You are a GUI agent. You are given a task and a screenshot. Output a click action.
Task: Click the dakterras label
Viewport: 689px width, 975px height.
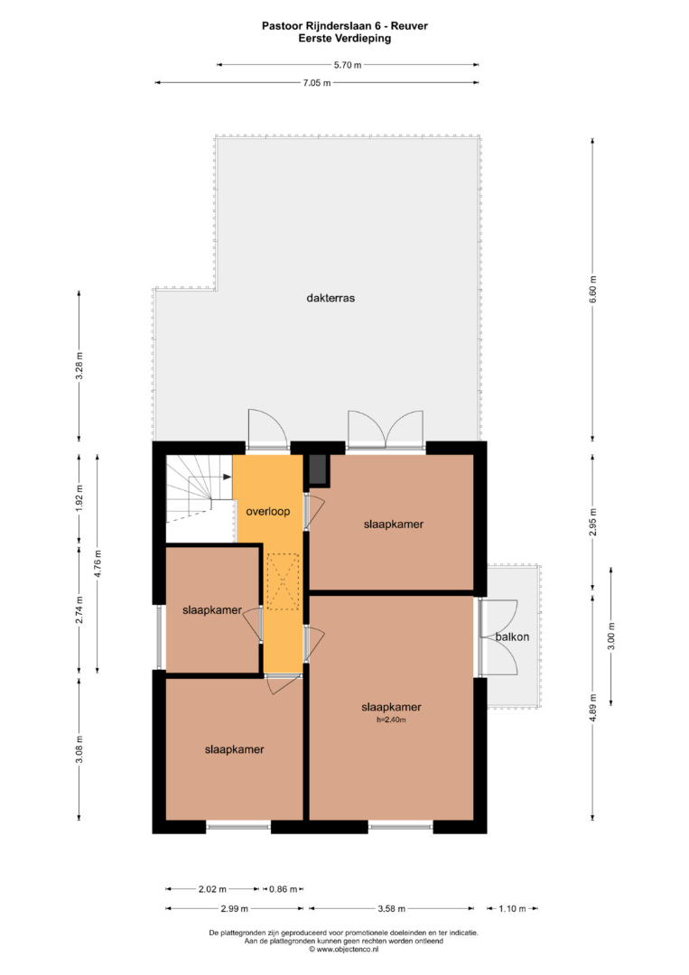pyautogui.click(x=331, y=298)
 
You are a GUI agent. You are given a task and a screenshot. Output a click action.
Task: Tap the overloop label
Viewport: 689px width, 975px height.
pyautogui.click(x=268, y=512)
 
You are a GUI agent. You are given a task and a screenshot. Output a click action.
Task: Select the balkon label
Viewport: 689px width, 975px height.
pyautogui.click(x=512, y=636)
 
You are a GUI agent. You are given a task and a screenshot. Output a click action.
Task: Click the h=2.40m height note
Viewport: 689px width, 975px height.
pyautogui.click(x=391, y=720)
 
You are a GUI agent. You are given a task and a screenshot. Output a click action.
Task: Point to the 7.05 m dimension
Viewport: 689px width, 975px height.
pyautogui.click(x=317, y=83)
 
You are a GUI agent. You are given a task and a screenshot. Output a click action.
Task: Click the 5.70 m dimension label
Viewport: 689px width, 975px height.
pyautogui.click(x=348, y=65)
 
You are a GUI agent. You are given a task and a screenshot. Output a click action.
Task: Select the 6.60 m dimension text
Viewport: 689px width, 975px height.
pyautogui.click(x=592, y=289)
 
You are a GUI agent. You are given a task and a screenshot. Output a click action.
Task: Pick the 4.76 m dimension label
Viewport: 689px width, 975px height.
pyautogui.click(x=98, y=564)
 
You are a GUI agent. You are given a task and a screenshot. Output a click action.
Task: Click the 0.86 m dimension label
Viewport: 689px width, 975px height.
pyautogui.click(x=283, y=889)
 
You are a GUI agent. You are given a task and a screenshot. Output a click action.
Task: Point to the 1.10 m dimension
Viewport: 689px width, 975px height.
pyautogui.click(x=512, y=908)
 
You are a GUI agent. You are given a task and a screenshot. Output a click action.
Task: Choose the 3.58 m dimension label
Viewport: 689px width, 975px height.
pyautogui.click(x=392, y=908)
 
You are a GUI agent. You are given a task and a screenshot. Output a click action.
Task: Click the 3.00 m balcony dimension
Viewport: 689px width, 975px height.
pyautogui.click(x=611, y=636)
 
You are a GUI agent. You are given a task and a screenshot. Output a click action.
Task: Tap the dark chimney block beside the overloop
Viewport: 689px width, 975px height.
pyautogui.click(x=318, y=470)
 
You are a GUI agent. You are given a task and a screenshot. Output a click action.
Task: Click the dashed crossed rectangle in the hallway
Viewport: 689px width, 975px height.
pyautogui.click(x=283, y=582)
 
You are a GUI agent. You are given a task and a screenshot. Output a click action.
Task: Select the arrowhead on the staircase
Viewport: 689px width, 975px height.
pyautogui.click(x=228, y=477)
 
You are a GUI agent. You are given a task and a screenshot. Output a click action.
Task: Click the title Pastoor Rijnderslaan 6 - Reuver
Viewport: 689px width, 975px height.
pyautogui.click(x=345, y=26)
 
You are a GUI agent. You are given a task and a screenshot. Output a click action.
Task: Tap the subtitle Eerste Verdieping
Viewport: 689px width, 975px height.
pyautogui.click(x=345, y=38)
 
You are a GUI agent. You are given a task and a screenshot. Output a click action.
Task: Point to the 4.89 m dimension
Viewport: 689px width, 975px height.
pyautogui.click(x=592, y=708)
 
